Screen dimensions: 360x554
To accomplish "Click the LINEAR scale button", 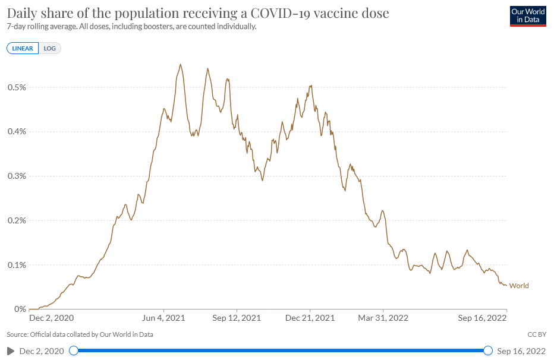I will pyautogui.click(x=23, y=48).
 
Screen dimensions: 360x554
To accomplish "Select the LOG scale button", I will pyautogui.click(x=50, y=48).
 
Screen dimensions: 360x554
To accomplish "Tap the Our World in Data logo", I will pyautogui.click(x=527, y=16).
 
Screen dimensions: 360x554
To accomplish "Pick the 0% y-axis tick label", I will pyautogui.click(x=20, y=309).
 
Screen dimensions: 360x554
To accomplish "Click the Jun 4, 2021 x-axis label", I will pyautogui.click(x=165, y=318).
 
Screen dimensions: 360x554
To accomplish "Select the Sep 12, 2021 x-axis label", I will pyautogui.click(x=237, y=318).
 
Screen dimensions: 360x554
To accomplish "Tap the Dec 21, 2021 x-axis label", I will pyautogui.click(x=310, y=318).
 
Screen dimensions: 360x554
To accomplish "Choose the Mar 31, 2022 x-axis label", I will pyautogui.click(x=383, y=318).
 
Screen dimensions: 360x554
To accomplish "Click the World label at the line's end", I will pyautogui.click(x=519, y=286).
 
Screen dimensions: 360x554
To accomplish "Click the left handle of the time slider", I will pyautogui.click(x=74, y=351).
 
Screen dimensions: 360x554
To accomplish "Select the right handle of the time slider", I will pyautogui.click(x=488, y=351).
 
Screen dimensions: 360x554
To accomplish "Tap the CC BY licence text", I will pyautogui.click(x=537, y=334).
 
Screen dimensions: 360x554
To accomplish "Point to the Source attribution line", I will pyautogui.click(x=80, y=334).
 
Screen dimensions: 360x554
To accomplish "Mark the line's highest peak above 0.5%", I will pyautogui.click(x=181, y=64).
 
